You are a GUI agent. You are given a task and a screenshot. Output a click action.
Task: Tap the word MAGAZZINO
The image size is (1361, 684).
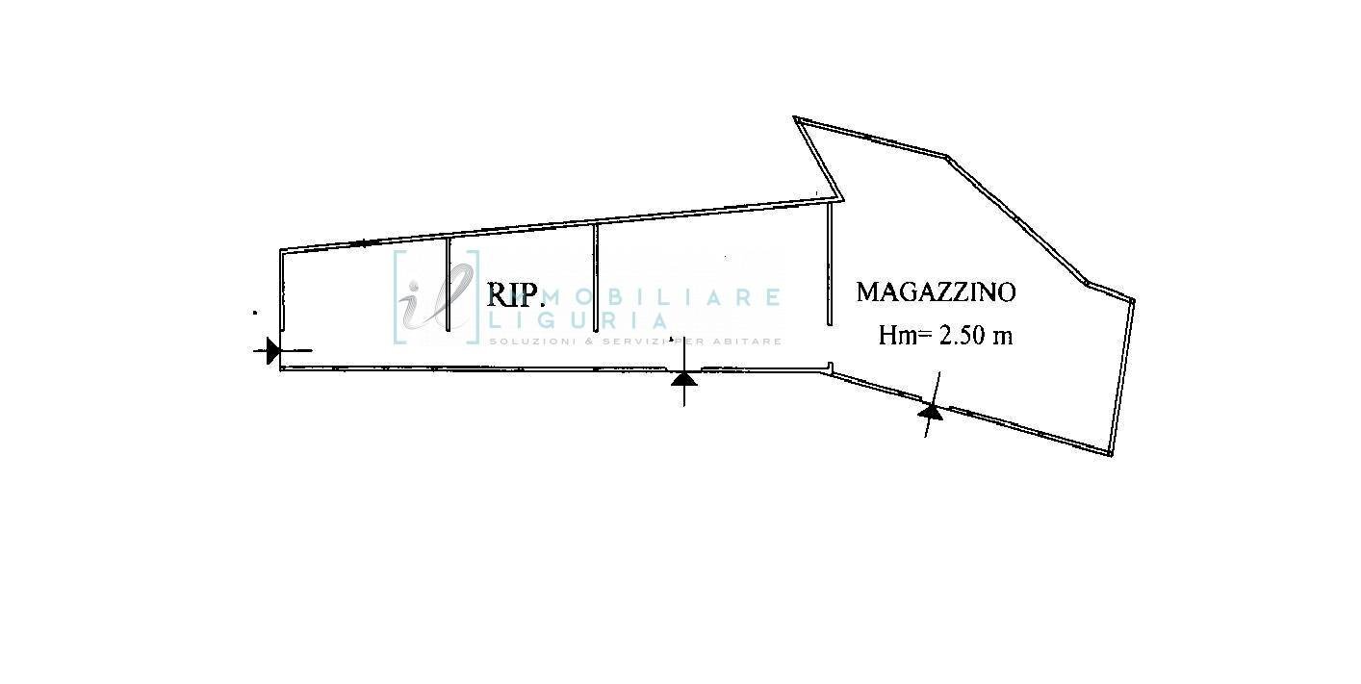point(936,291)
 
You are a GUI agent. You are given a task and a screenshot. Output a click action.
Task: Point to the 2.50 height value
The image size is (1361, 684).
point(965,336)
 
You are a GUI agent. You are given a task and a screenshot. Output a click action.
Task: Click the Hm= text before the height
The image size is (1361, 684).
point(906,336)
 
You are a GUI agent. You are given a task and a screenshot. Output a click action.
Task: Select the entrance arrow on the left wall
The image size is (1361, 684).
point(272,350)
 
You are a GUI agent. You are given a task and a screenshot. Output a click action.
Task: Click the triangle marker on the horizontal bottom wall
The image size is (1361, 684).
point(683,379)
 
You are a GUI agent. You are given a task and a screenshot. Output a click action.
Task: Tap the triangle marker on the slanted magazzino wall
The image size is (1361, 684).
point(930,411)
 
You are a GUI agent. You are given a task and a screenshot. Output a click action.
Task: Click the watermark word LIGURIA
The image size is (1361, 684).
point(578,321)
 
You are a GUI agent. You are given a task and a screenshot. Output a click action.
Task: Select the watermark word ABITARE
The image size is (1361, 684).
point(750,342)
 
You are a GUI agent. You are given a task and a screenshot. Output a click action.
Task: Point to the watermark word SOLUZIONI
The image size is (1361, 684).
point(525,342)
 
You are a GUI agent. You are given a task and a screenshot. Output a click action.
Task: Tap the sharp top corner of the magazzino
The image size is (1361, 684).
point(796,118)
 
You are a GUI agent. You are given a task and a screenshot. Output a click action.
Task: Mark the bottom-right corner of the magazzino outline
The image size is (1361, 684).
point(1112,453)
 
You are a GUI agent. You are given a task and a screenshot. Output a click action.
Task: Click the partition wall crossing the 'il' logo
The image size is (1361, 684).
point(449,284)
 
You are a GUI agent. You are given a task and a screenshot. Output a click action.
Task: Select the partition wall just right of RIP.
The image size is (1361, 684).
point(596,277)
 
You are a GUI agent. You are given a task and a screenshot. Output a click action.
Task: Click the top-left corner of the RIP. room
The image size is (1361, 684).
point(282,252)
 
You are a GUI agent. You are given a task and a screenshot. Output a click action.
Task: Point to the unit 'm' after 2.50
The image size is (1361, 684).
point(1005,337)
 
